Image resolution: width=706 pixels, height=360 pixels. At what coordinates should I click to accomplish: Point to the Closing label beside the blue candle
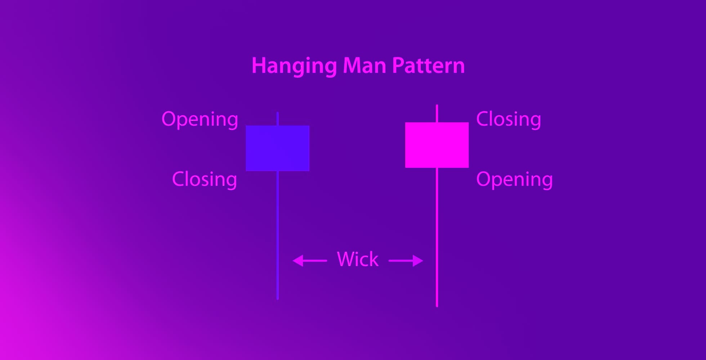tap(205, 179)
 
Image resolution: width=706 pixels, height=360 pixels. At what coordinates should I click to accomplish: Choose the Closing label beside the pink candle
tap(509, 119)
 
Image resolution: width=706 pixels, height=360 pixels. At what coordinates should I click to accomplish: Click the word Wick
tap(358, 259)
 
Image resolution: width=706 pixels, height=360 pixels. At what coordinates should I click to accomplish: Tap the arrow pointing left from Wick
tap(310, 261)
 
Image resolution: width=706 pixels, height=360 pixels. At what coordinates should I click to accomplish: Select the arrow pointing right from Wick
tap(406, 261)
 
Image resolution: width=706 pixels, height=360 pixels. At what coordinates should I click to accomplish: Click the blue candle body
tap(278, 148)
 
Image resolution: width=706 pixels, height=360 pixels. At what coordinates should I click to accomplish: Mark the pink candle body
tap(437, 145)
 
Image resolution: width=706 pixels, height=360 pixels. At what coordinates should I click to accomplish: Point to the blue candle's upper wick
tap(278, 119)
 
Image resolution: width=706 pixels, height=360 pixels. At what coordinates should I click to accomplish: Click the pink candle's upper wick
tap(437, 113)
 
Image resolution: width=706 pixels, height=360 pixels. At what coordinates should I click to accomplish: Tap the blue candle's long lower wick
tap(278, 235)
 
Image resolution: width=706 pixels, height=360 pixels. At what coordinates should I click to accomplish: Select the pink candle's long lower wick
tap(437, 237)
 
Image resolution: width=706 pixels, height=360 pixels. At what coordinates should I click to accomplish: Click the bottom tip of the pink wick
tap(437, 307)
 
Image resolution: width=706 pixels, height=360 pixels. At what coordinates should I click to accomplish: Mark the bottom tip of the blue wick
tap(278, 299)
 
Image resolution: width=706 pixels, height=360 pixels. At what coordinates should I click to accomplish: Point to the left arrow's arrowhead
tap(298, 261)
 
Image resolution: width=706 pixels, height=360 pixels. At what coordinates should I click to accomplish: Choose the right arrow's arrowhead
tap(418, 261)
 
